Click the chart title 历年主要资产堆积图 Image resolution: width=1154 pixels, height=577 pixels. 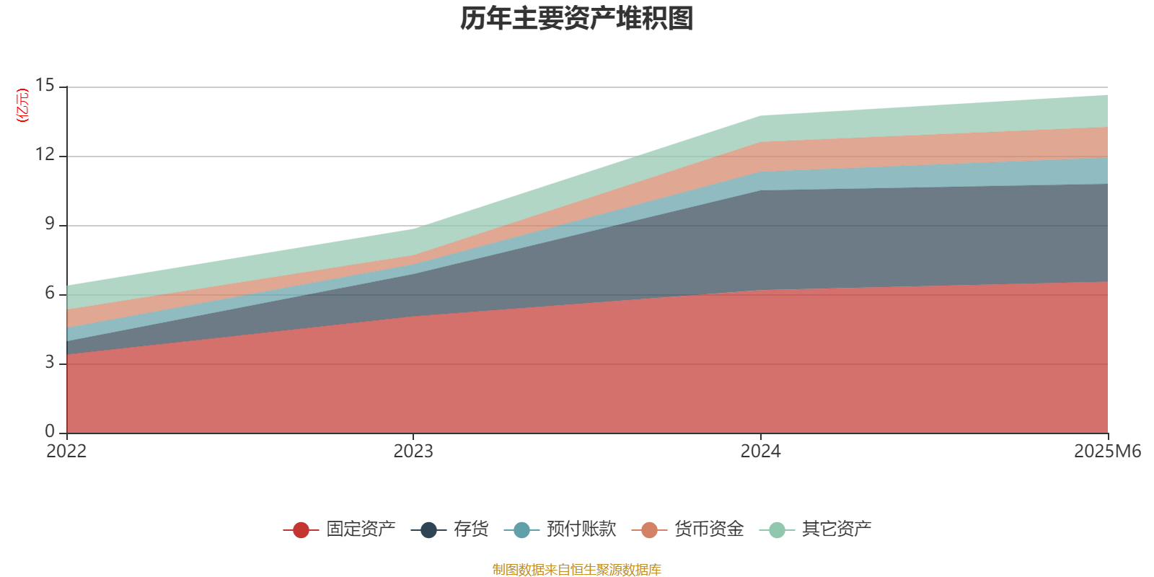(x=577, y=19)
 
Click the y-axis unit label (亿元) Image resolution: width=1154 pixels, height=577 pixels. (x=23, y=105)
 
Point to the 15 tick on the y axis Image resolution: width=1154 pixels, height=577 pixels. (x=45, y=86)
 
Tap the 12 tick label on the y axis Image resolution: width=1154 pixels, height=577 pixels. (x=45, y=155)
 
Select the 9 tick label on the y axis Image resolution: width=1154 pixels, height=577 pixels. (x=50, y=224)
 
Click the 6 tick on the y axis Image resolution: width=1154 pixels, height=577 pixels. (x=50, y=294)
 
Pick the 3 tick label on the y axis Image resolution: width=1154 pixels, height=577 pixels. (x=50, y=363)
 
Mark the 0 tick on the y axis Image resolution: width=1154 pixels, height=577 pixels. (x=50, y=431)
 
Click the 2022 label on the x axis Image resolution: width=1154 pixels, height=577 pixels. (x=66, y=452)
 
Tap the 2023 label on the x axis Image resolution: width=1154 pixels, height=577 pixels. (x=413, y=452)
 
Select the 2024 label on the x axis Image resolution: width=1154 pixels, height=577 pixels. (x=760, y=452)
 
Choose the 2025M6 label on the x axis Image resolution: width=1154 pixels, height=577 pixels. (x=1107, y=452)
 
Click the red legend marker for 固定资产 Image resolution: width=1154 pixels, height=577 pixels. (x=301, y=530)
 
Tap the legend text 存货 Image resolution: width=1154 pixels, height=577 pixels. (x=471, y=529)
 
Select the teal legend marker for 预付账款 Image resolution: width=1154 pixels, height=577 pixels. (x=521, y=530)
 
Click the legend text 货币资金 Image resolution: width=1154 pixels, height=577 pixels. (x=709, y=529)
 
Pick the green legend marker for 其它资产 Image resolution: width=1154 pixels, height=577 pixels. (x=777, y=530)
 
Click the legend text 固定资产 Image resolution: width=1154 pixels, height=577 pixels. (x=361, y=529)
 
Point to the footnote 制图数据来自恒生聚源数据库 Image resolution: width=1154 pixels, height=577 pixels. (x=577, y=570)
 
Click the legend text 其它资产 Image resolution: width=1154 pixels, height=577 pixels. (x=837, y=529)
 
